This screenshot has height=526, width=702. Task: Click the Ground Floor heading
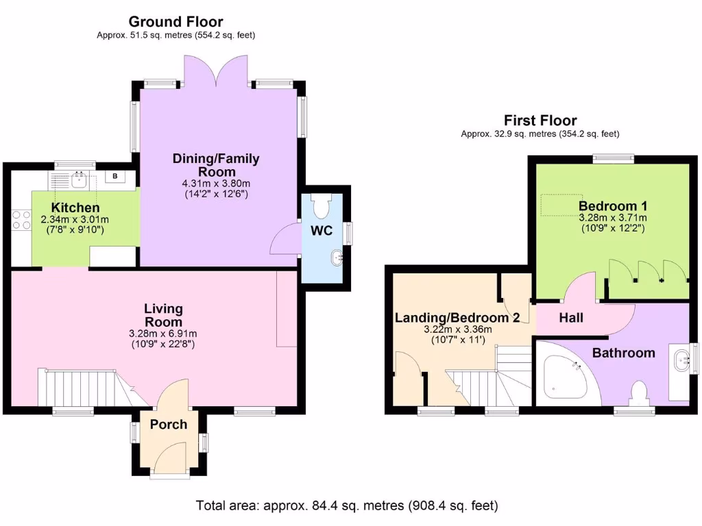tap(175, 23)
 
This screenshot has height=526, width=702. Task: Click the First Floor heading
tap(540, 121)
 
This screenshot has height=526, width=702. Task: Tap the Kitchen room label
tap(75, 208)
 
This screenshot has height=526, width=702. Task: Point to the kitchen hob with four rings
tap(21, 219)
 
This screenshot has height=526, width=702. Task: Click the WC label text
tap(322, 231)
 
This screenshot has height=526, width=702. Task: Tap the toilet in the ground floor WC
tap(321, 204)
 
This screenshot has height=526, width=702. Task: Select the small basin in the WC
tap(336, 258)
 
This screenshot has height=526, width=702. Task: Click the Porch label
tap(169, 425)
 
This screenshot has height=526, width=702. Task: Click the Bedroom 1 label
tap(612, 205)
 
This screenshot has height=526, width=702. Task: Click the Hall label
tap(571, 318)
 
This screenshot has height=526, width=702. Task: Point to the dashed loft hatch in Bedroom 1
tap(558, 204)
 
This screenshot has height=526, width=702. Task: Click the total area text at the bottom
tap(346, 506)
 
